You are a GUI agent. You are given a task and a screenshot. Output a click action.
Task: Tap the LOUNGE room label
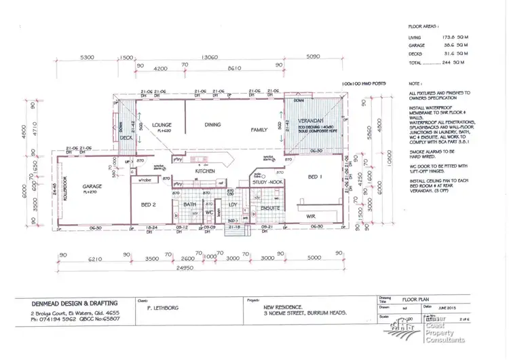click(160, 125)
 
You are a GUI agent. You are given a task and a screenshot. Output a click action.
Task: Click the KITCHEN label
click(205, 171)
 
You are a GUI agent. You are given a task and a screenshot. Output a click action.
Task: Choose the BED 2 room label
click(151, 204)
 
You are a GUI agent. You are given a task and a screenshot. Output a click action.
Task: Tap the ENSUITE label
click(262, 208)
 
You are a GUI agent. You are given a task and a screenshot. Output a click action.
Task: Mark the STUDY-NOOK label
click(266, 181)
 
